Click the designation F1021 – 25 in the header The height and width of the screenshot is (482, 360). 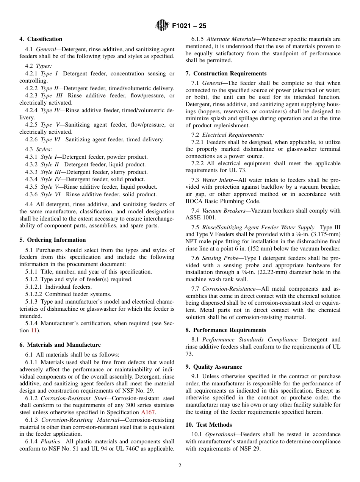coord(189,26)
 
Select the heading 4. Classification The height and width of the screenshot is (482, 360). coord(41,39)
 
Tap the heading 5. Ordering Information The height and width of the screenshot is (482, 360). coord(53,240)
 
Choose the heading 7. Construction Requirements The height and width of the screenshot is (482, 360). coord(226,74)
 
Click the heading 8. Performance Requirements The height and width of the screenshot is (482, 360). coord(226,330)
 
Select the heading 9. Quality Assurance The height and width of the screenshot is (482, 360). coord(214,367)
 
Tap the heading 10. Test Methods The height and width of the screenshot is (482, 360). coord(208,425)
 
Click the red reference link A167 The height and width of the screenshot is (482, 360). coord(148,412)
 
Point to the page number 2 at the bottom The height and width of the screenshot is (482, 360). coord(180,466)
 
